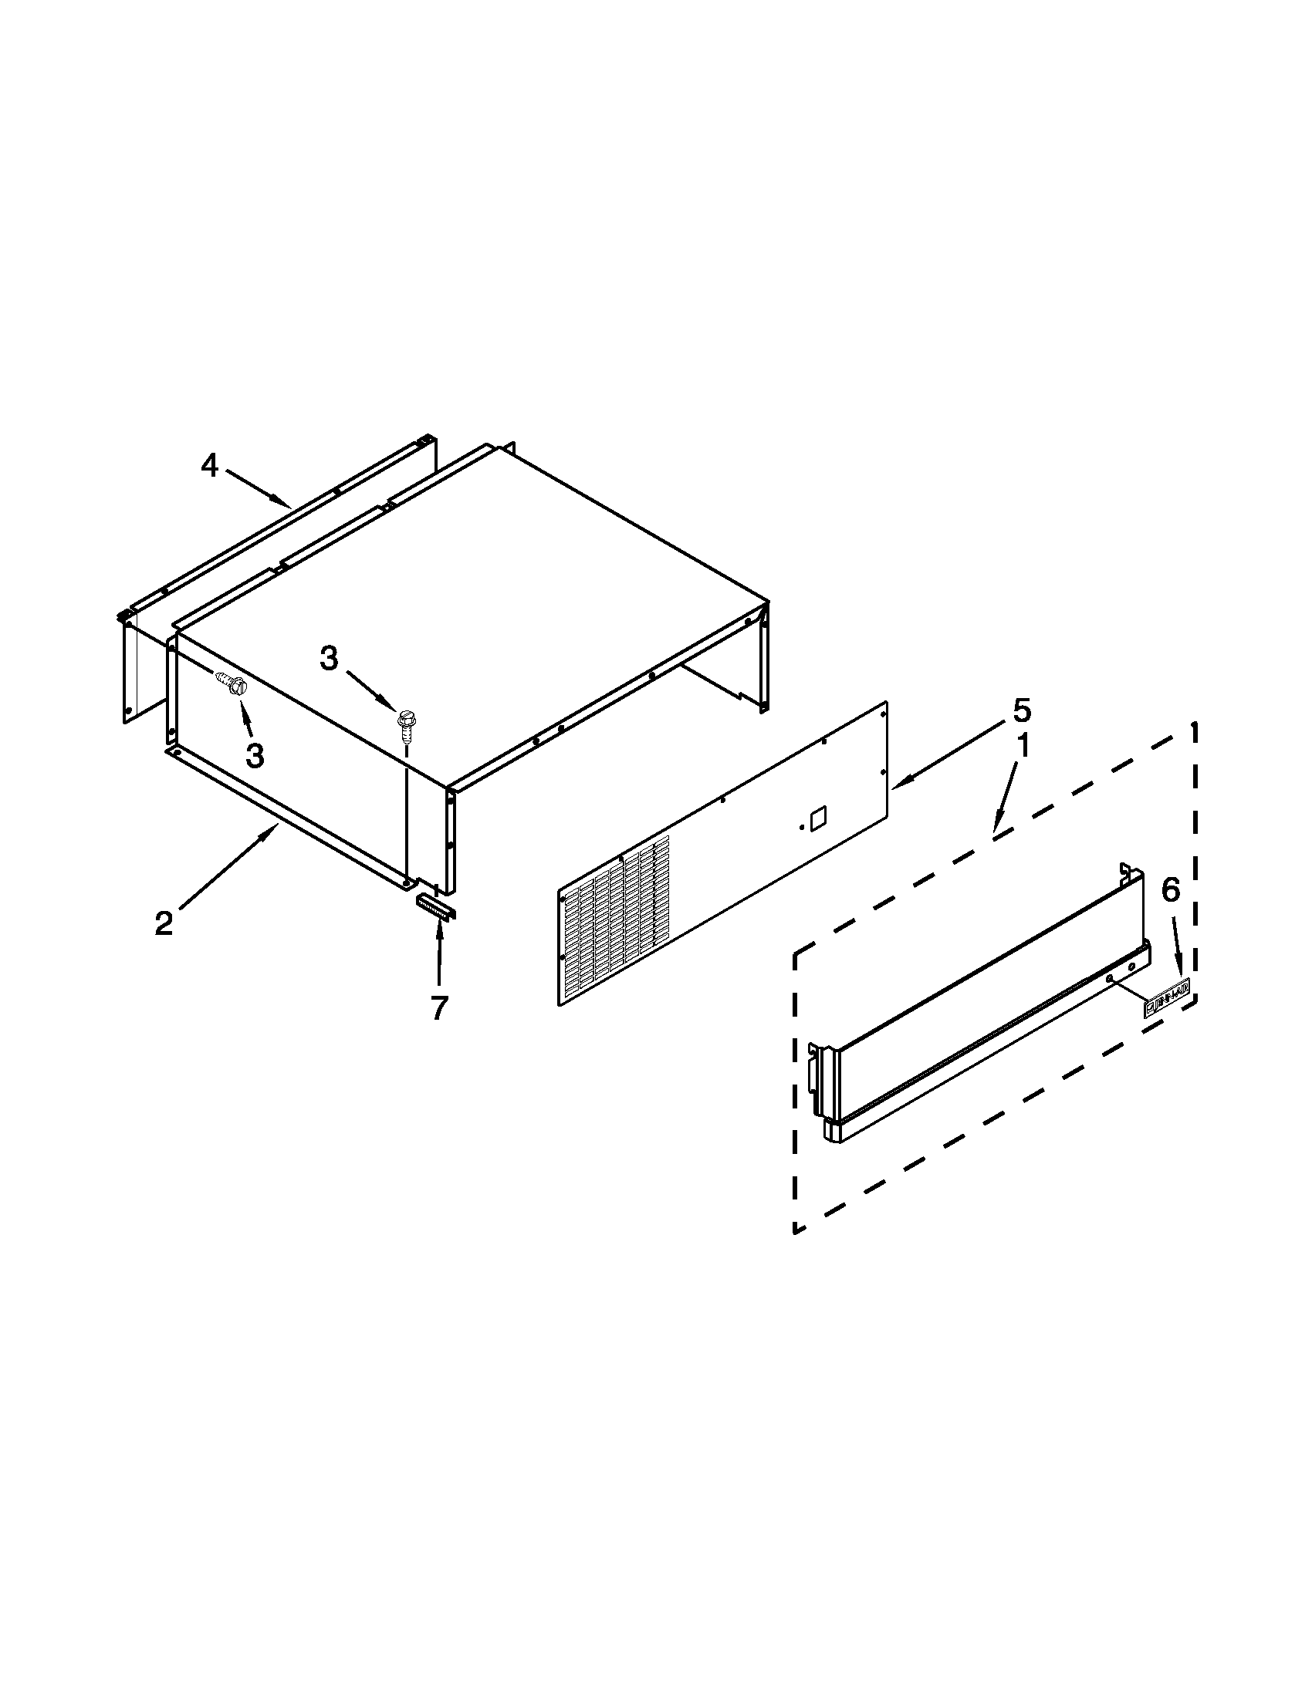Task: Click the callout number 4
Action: click(210, 466)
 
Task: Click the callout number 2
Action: click(163, 924)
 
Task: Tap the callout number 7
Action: click(439, 1008)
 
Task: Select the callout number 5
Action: click(1021, 710)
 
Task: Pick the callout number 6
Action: click(1170, 890)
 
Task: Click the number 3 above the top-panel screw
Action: click(330, 660)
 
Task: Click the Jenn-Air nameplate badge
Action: click(1167, 1006)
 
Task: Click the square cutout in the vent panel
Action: click(817, 818)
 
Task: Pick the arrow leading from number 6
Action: click(1178, 944)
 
